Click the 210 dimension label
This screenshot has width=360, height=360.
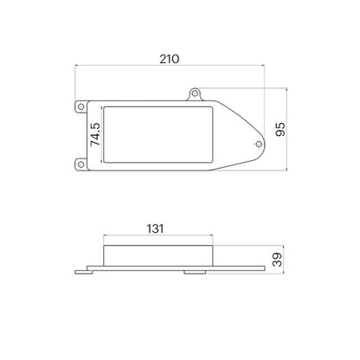click(x=170, y=59)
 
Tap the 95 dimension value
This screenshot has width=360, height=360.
click(x=280, y=129)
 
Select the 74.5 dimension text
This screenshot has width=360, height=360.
click(x=95, y=134)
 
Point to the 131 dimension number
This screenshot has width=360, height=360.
click(x=155, y=228)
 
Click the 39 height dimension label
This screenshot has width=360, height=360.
click(x=277, y=260)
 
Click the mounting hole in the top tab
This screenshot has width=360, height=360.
click(x=195, y=93)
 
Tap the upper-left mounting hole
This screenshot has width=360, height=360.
click(x=81, y=106)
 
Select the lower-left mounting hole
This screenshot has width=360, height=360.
click(x=81, y=164)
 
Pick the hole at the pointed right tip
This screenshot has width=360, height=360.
click(x=259, y=144)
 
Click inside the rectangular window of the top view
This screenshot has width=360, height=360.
click(x=158, y=135)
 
